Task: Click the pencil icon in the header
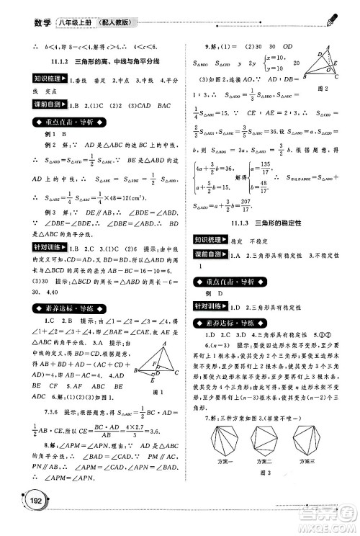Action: [x=332, y=17]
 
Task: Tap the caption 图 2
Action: [x=322, y=88]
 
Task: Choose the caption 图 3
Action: [x=265, y=473]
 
